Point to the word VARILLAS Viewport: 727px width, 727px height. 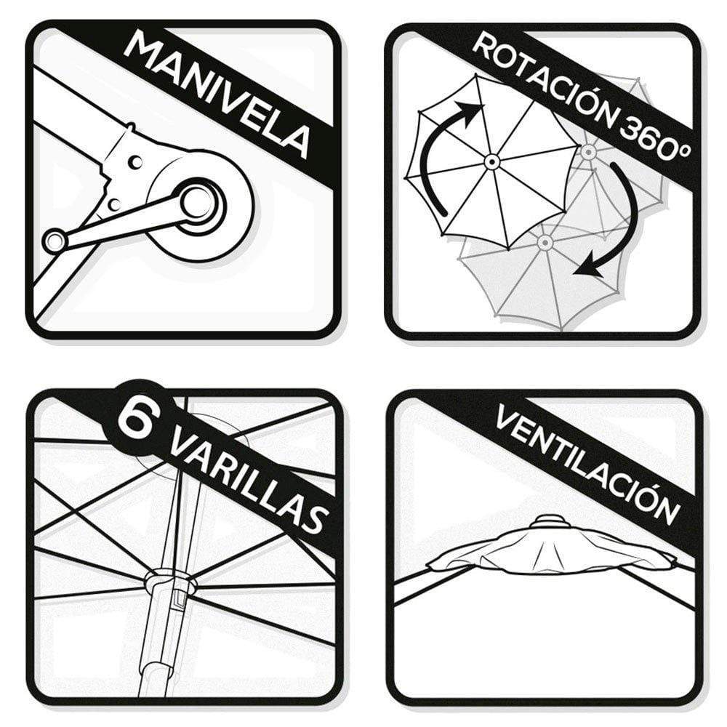click(249, 482)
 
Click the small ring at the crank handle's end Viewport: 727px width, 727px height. click(55, 240)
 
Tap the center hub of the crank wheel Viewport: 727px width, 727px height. click(196, 202)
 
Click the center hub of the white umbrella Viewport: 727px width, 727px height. click(491, 162)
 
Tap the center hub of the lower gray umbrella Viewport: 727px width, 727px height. click(545, 242)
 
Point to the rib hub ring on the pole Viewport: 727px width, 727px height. click(169, 582)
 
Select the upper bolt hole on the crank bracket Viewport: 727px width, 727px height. click(136, 162)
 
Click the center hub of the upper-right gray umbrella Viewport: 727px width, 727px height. click(588, 152)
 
